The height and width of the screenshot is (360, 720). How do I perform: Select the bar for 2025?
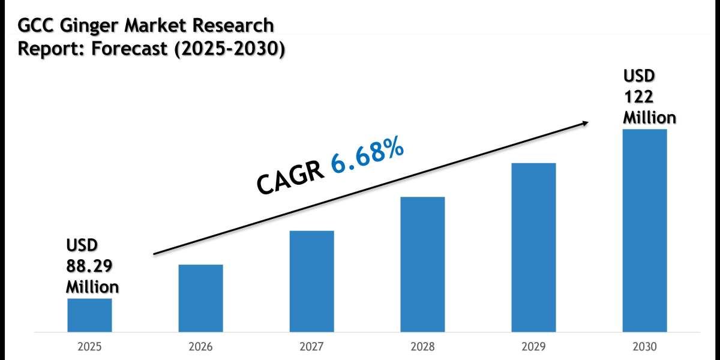[89, 315]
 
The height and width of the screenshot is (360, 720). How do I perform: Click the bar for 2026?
[200, 298]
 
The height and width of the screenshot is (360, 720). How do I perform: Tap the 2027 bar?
[311, 281]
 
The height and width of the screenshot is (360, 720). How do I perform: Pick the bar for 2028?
[422, 264]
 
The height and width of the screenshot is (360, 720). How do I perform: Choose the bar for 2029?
[533, 247]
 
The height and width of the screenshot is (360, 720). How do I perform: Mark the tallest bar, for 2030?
[644, 230]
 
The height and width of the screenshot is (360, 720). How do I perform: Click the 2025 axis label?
[89, 347]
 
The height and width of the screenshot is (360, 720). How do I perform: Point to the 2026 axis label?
[200, 347]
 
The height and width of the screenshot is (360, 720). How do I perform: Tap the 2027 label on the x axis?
[311, 347]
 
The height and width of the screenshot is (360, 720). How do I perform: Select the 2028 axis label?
[422, 347]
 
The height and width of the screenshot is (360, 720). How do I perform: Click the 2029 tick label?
[533, 347]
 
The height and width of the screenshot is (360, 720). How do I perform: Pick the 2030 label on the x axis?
[644, 347]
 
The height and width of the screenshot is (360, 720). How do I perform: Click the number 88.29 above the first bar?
[89, 266]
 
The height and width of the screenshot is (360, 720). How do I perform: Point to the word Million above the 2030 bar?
[649, 117]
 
